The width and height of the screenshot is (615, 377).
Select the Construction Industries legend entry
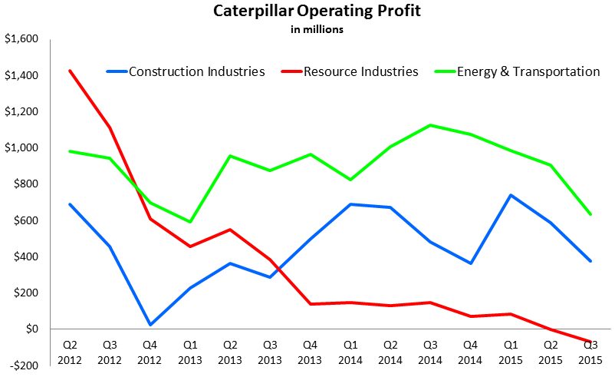point(196,71)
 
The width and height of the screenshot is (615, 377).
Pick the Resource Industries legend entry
point(360,71)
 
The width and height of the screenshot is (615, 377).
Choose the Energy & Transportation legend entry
point(528,71)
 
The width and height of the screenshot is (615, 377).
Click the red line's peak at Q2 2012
point(70,71)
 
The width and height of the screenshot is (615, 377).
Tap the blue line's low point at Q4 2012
point(151,325)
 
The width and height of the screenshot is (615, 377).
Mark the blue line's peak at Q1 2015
point(509,195)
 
